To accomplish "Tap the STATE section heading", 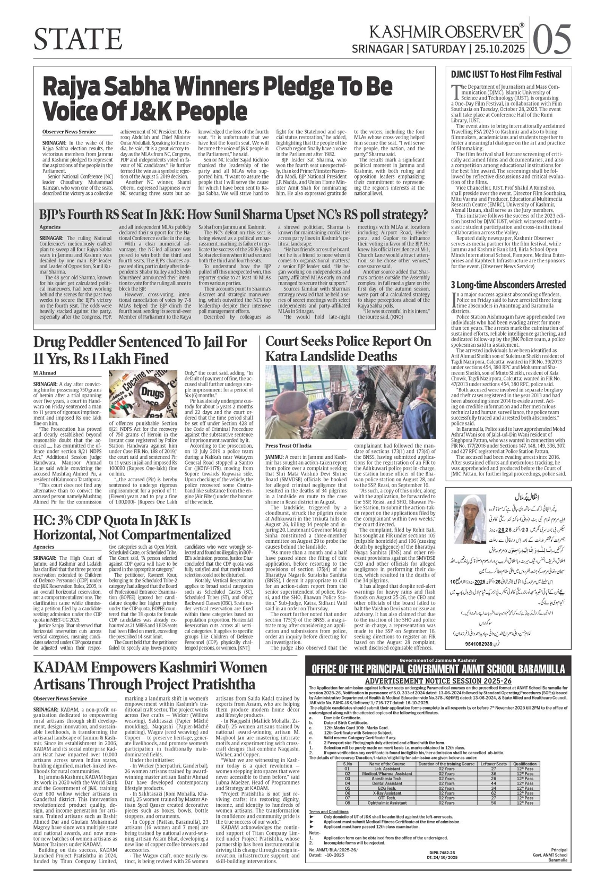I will tap(77, 39).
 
